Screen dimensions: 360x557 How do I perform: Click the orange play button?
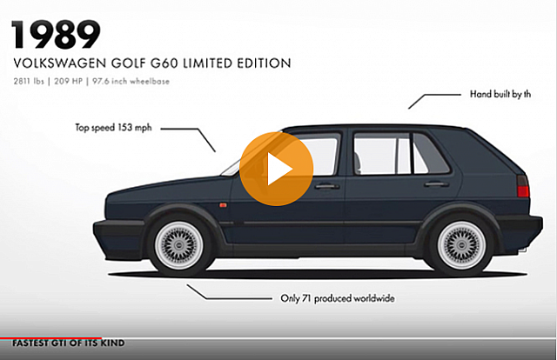point(276,169)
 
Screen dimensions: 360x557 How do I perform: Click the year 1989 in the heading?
point(56,35)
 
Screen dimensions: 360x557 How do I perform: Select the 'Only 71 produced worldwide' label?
point(337,298)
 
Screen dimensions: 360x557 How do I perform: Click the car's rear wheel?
point(461,243)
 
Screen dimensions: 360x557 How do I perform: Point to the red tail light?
point(522,188)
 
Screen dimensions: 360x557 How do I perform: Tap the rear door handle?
point(436,184)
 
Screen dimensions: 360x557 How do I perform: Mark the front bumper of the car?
point(114,231)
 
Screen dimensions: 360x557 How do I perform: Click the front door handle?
point(327,186)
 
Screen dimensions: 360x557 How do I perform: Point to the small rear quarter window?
point(430,155)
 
